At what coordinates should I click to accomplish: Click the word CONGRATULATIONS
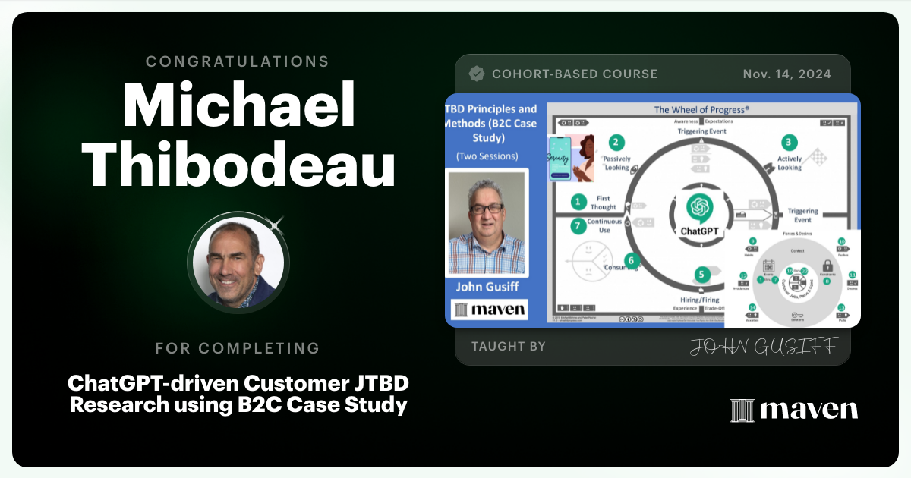238,61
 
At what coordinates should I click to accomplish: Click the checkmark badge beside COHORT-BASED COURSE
477,74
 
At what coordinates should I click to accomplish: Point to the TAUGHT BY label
508,346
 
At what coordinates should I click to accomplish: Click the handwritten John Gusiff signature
763,347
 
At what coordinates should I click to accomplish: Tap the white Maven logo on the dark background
794,410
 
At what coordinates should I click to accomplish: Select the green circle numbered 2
617,142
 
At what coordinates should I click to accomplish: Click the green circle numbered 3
790,142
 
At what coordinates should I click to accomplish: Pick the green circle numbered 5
702,274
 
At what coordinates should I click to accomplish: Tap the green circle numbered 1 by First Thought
579,202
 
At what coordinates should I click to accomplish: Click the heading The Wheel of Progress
702,110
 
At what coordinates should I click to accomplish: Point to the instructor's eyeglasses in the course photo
487,207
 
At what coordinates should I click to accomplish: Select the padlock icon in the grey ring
827,266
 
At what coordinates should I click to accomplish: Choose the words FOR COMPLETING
238,348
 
